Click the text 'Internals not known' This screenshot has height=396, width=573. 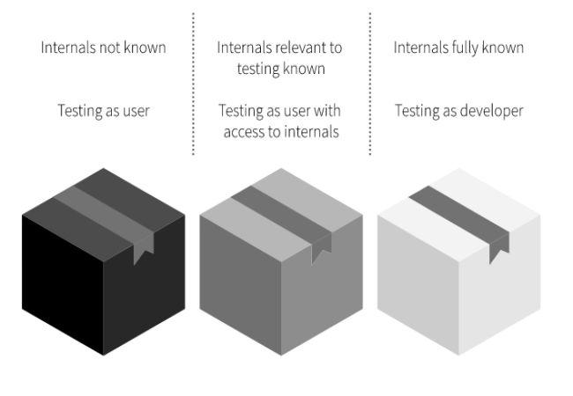click(x=103, y=48)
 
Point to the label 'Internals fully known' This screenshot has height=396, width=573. click(x=458, y=48)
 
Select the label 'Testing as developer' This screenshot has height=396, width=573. click(x=458, y=111)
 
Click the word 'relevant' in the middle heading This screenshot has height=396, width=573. click(x=296, y=48)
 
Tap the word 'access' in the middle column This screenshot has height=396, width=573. click(x=247, y=132)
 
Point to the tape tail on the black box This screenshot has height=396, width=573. click(x=142, y=250)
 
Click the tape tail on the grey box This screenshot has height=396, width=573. click(x=320, y=250)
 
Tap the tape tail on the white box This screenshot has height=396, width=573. click(x=498, y=250)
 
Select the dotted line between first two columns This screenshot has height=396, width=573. click(x=193, y=84)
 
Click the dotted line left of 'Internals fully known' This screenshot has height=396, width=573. click(x=370, y=84)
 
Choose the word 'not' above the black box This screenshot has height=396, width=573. click(x=108, y=48)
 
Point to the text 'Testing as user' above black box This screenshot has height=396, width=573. click(x=103, y=111)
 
